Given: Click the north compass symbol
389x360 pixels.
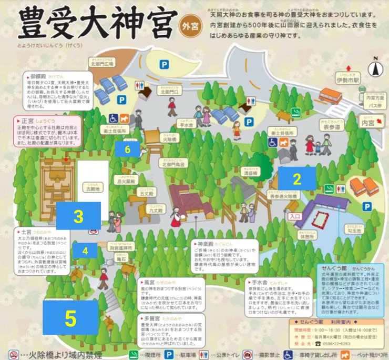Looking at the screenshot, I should coord(374,67).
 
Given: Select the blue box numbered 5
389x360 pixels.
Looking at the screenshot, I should coord(70,318).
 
